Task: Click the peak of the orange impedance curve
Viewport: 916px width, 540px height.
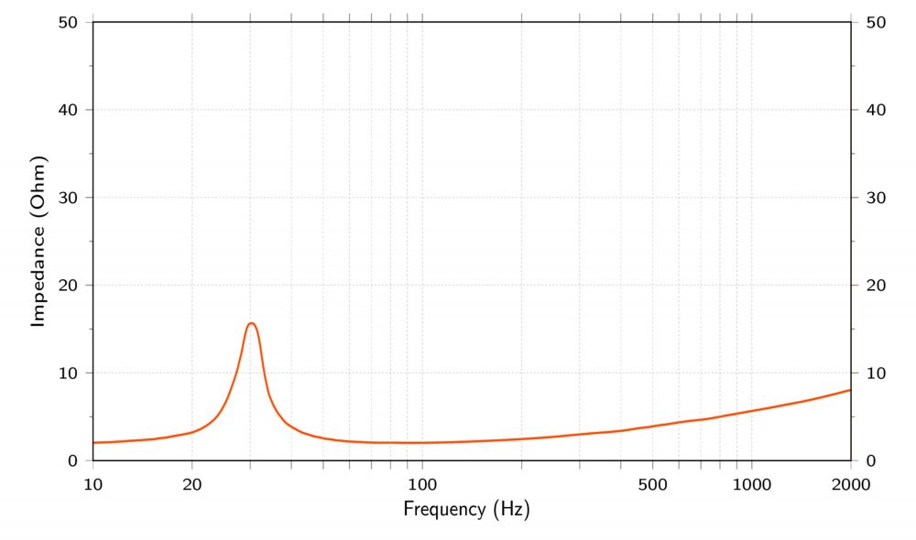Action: [251, 323]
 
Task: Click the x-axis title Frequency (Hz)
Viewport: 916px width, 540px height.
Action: [466, 508]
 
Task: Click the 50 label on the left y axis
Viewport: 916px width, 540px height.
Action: [70, 22]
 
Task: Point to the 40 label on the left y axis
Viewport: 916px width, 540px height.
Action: [70, 110]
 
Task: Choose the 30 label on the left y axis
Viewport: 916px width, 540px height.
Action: [70, 198]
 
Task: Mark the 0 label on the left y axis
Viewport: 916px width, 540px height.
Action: [74, 460]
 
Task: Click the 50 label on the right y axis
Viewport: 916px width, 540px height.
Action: [874, 22]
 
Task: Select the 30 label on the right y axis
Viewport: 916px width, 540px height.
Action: [874, 198]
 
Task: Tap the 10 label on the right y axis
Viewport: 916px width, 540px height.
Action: [874, 373]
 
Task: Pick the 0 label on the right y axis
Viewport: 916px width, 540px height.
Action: [869, 460]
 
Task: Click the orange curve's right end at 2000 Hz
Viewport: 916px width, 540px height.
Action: [850, 390]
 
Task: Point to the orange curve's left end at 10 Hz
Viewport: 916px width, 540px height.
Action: [94, 443]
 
